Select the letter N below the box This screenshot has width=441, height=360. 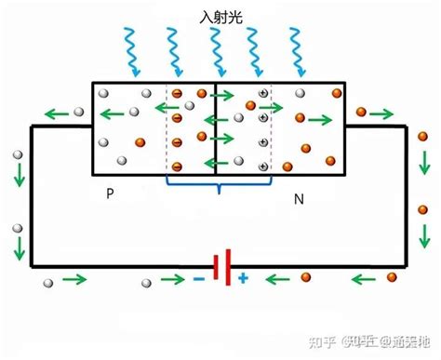tap(298, 198)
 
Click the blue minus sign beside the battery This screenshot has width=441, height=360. tap(199, 277)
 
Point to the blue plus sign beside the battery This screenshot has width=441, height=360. tap(243, 277)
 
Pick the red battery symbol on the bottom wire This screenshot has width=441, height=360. tap(221, 268)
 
